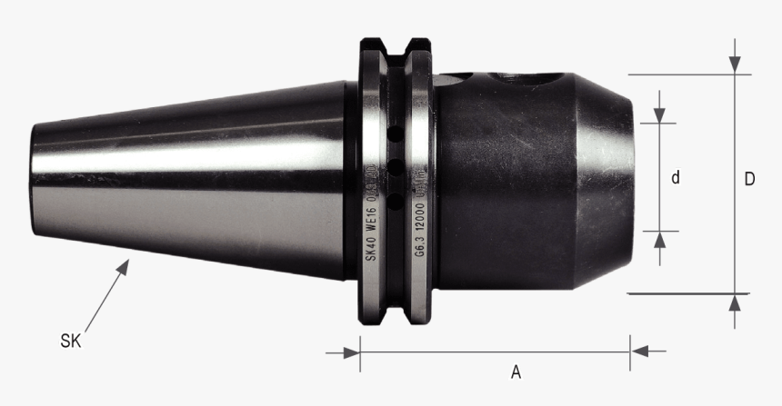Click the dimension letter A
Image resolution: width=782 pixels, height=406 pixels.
pyautogui.click(x=516, y=371)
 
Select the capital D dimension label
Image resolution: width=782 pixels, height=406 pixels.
pyautogui.click(x=749, y=179)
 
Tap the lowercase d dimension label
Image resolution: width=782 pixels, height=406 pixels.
pyautogui.click(x=676, y=179)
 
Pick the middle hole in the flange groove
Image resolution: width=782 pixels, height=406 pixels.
pyautogui.click(x=396, y=165)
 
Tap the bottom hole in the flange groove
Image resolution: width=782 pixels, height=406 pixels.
pyautogui.click(x=396, y=199)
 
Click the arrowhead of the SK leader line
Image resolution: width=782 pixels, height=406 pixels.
pyautogui.click(x=127, y=262)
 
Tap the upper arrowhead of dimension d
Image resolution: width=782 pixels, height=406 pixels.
pyautogui.click(x=661, y=115)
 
